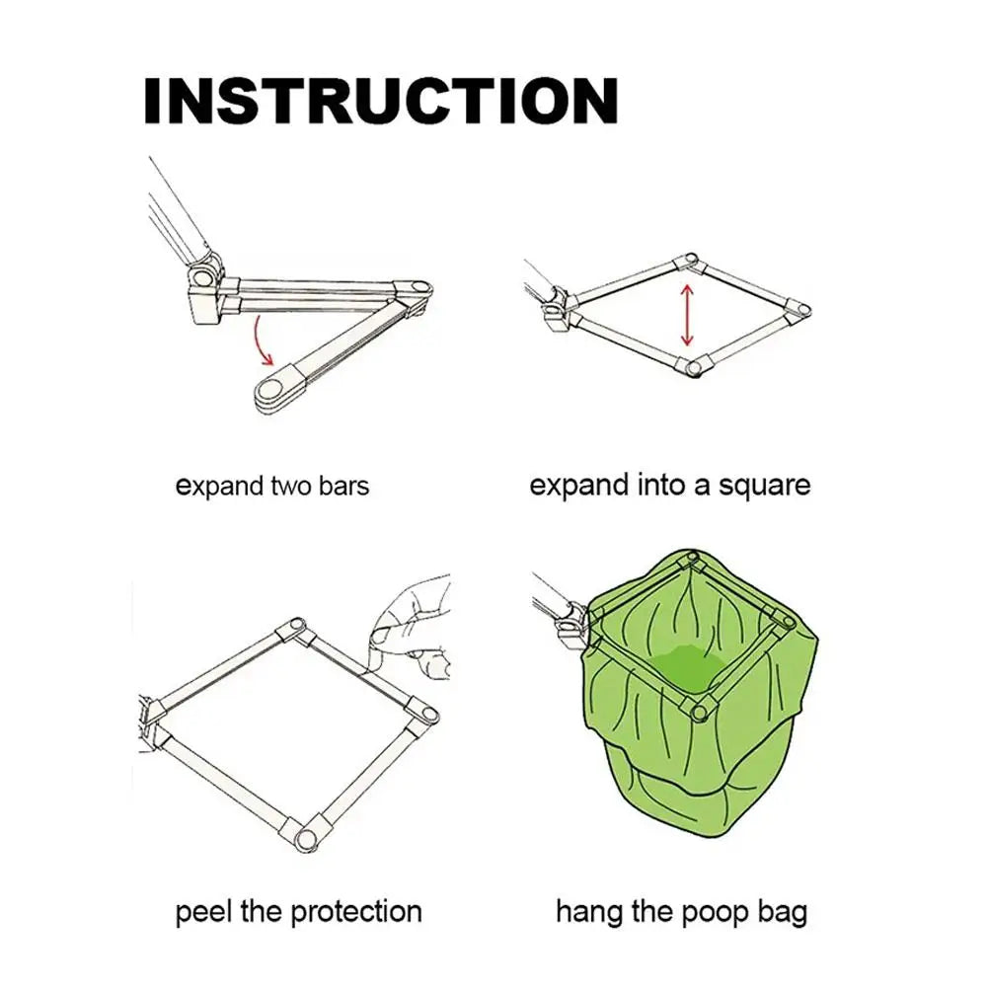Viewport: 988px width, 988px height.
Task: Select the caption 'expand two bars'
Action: coord(271,486)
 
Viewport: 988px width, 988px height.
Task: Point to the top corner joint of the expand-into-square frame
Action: coord(685,263)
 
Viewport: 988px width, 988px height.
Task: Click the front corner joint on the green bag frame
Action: coord(699,710)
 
